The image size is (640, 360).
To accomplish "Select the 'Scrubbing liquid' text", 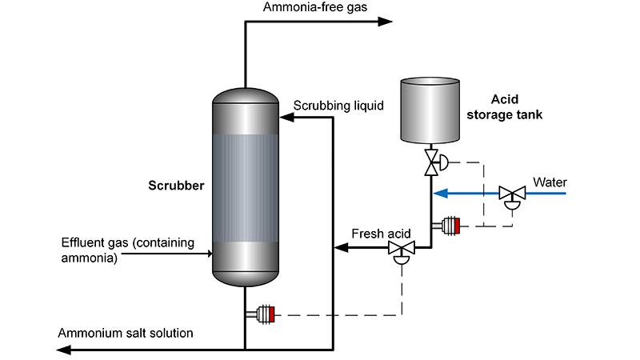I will [x=338, y=105].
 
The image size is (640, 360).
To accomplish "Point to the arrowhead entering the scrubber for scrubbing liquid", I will [x=285, y=117].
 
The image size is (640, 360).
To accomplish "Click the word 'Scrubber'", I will [x=176, y=186].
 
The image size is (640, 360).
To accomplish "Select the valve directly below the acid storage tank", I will [x=432, y=162].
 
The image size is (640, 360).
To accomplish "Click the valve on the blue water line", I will [x=509, y=194].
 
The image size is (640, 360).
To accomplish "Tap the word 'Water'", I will [x=550, y=180].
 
